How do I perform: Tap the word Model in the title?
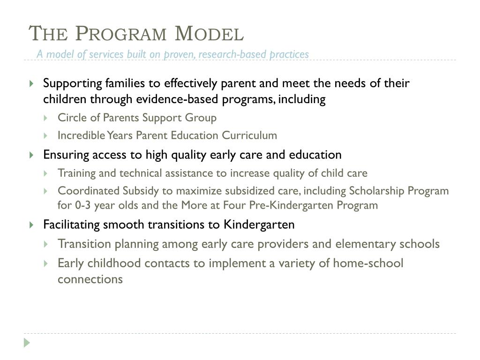pyautogui.click(x=209, y=34)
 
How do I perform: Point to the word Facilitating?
pyautogui.click(x=71, y=225)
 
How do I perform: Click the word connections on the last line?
pyautogui.click(x=90, y=279)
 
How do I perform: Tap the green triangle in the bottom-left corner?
pyautogui.click(x=27, y=343)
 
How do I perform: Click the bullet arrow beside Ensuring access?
pyautogui.click(x=31, y=155)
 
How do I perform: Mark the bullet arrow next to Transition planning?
pyautogui.click(x=46, y=244)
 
